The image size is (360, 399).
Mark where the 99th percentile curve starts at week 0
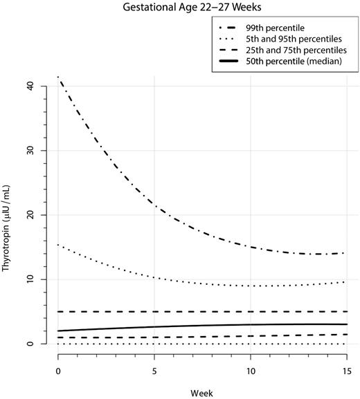tap(58, 77)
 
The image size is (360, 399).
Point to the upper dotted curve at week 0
tap(58, 245)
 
